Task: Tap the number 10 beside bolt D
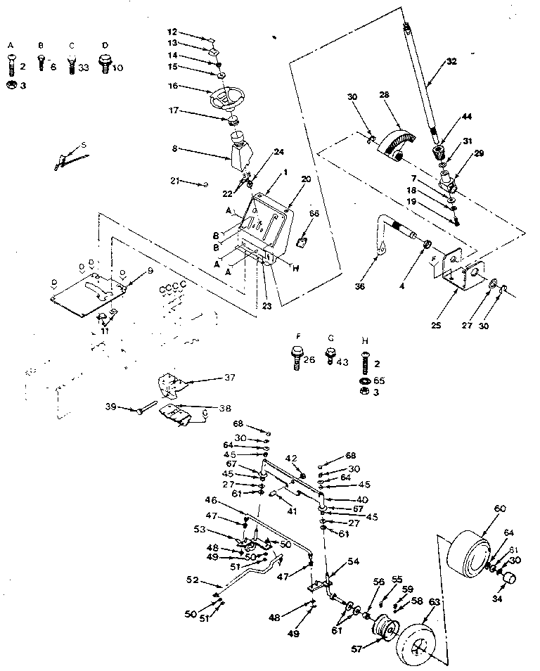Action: (117, 68)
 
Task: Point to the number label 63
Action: (435, 602)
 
